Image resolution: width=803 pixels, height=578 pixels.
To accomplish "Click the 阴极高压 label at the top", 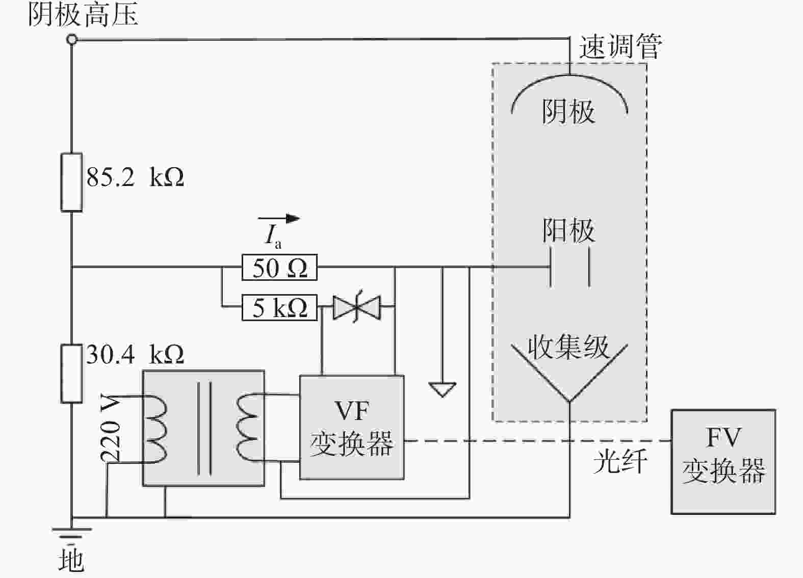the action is (83, 15).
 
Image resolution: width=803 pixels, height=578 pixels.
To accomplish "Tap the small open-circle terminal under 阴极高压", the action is (72, 39).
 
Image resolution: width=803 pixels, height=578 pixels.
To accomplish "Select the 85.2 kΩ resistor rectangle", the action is (71, 182).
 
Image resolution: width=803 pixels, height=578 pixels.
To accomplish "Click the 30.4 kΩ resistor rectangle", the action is (71, 374).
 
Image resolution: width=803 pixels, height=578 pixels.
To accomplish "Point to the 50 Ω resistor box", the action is (279, 267).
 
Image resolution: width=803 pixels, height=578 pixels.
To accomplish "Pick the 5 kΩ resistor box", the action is (279, 307).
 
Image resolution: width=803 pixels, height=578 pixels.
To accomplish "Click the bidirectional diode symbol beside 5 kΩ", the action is (357, 307).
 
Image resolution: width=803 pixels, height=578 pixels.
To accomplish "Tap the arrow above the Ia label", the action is (279, 218).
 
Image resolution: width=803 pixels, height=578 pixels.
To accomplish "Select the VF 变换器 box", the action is (352, 427).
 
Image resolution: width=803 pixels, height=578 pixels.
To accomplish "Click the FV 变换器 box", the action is (723, 462).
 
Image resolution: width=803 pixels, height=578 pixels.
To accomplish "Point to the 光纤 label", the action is (620, 462).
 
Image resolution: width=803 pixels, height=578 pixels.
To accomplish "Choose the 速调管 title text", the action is (620, 46).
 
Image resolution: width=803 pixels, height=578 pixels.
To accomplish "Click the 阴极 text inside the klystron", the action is (568, 112).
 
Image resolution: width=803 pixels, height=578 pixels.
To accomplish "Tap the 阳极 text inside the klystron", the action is (568, 230).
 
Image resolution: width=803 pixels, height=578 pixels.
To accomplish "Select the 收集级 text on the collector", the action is (568, 347).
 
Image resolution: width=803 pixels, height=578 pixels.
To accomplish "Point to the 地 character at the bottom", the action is (72, 561).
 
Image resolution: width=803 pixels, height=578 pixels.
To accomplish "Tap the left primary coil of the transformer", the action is (155, 429).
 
